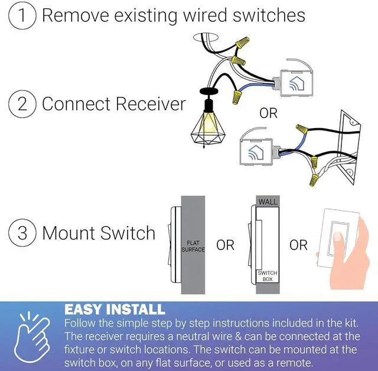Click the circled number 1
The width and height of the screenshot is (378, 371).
(22, 15)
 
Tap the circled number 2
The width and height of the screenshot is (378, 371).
(22, 104)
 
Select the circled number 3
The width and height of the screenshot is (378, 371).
(22, 233)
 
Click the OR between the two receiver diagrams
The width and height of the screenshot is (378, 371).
(268, 113)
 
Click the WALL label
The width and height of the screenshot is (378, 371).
(267, 202)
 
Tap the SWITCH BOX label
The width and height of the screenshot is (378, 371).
(267, 276)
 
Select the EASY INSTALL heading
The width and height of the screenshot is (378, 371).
(115, 309)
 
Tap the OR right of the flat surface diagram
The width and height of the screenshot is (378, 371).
(225, 245)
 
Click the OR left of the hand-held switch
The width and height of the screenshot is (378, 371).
(298, 245)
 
